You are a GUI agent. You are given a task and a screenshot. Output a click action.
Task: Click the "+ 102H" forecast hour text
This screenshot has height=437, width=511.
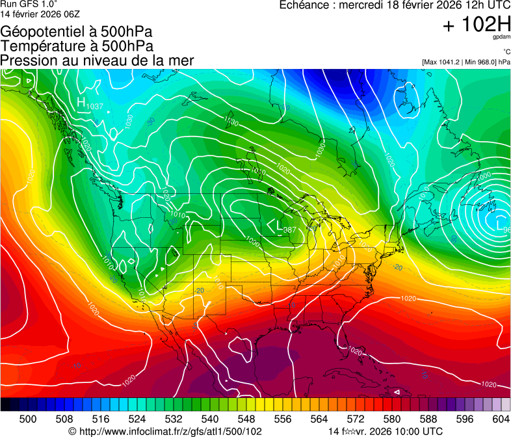pyautogui.click(x=477, y=25)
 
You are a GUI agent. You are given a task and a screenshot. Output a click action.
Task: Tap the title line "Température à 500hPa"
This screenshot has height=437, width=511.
pyautogui.click(x=77, y=46)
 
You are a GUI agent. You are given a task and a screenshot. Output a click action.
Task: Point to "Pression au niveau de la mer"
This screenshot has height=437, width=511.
pyautogui.click(x=97, y=60)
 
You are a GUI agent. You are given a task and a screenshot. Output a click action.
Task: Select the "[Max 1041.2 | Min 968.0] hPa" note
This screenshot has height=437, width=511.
pyautogui.click(x=465, y=62)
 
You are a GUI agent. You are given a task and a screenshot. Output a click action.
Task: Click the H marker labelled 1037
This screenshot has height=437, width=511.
pyautogui.click(x=81, y=102)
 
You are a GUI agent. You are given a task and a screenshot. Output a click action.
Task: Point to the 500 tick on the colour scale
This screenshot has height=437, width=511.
pyautogui.click(x=28, y=419)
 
